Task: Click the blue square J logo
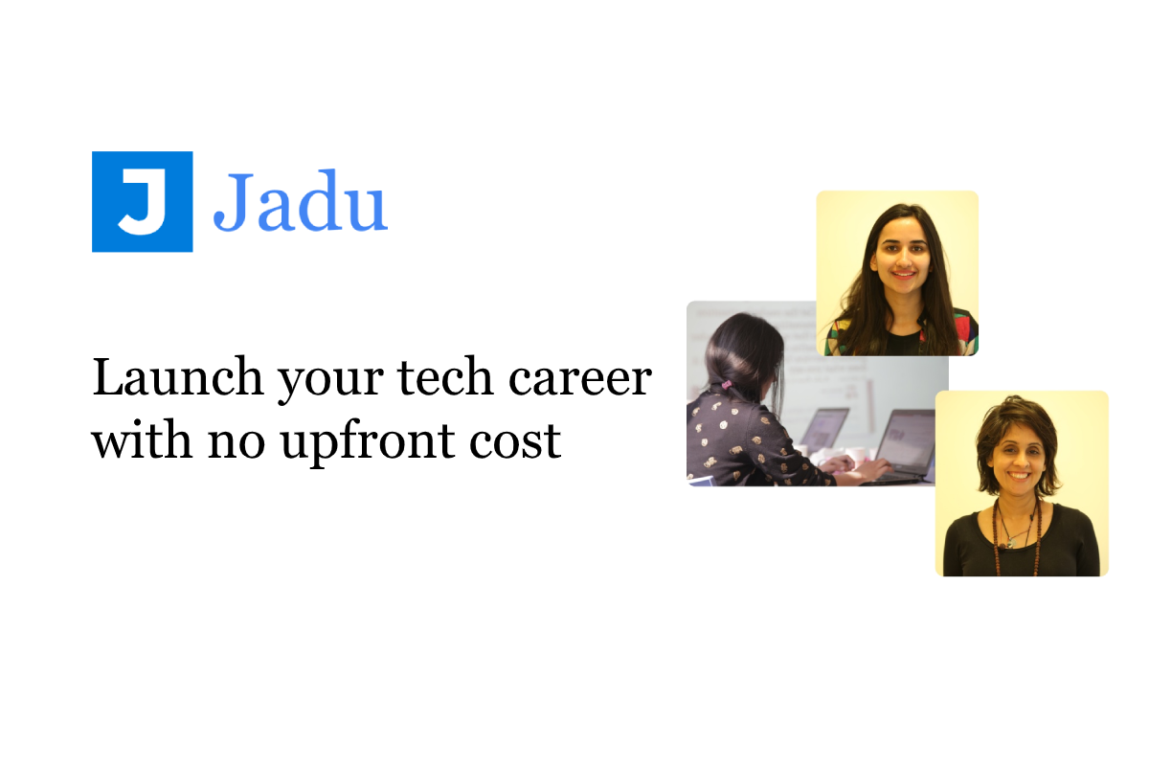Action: (x=142, y=202)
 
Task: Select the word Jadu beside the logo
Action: (x=300, y=203)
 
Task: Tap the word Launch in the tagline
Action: (x=177, y=379)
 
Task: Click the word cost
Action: (x=522, y=442)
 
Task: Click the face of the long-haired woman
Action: (x=898, y=256)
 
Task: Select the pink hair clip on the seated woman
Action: (x=726, y=385)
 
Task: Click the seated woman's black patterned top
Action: (x=742, y=440)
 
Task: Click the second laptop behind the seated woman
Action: (x=823, y=428)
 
